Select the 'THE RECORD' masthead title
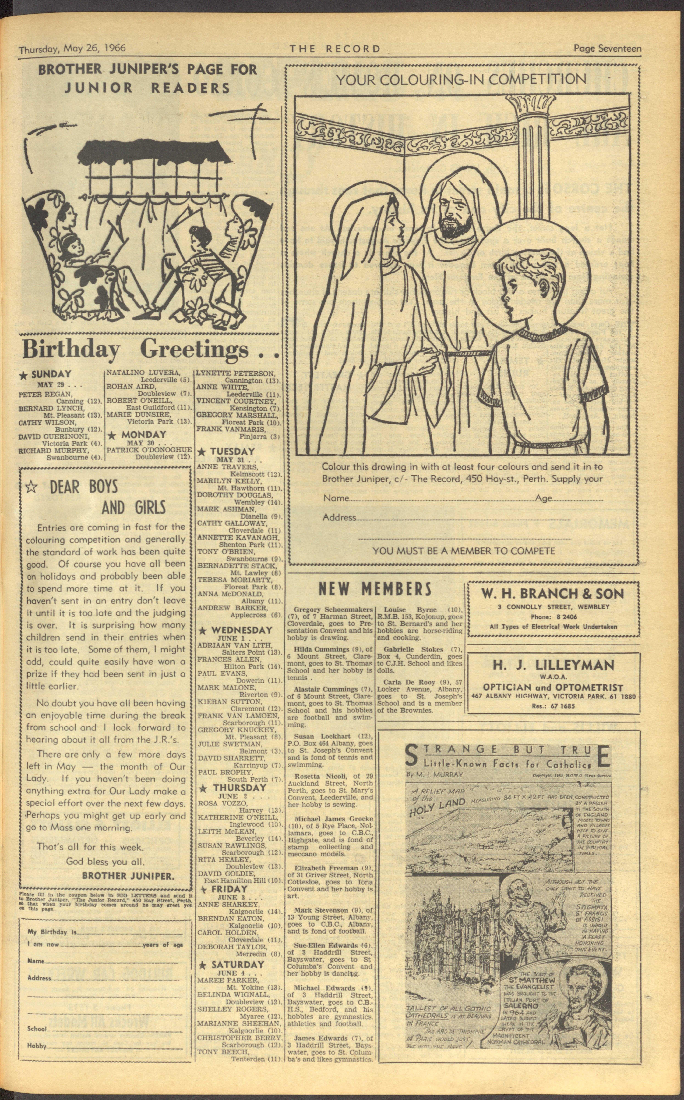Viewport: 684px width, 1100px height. coord(335,49)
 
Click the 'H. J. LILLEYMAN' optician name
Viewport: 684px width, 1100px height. coord(553,665)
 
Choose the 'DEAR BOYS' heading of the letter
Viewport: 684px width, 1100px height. coord(84,487)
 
